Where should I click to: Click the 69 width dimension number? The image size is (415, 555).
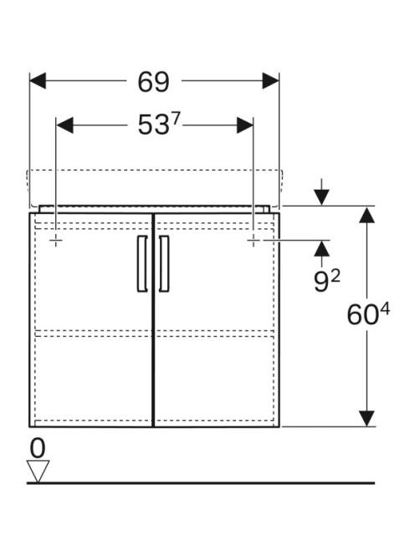pos(153,82)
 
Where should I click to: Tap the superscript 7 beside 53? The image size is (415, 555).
pos(176,120)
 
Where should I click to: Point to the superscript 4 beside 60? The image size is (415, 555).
pos(385,310)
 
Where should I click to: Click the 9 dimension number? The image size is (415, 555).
pos(321,283)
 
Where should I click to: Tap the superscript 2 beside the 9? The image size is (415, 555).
pos(335,277)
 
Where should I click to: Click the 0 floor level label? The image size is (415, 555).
pos(38,448)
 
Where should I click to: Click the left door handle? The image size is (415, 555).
pos(142,263)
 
